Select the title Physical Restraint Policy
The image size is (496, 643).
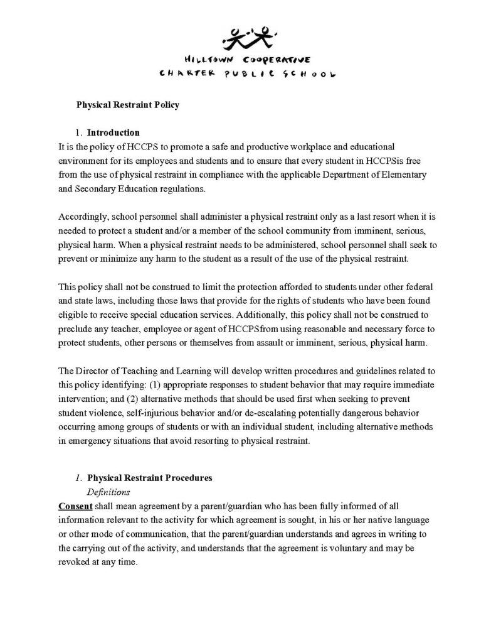128,105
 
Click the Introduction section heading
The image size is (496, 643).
113,133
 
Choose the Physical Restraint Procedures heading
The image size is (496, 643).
149,478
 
